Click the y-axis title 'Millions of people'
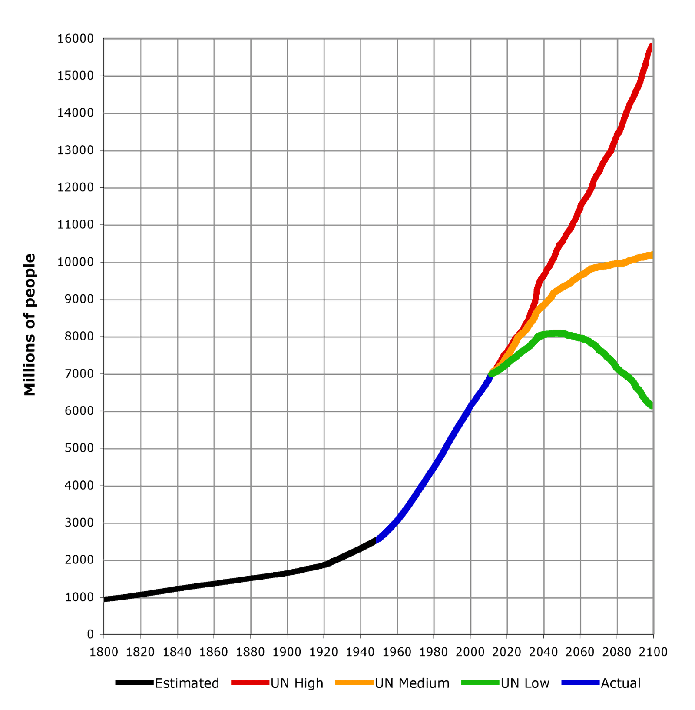(x=30, y=325)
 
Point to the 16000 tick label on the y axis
(x=75, y=39)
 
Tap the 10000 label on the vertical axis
(x=75, y=262)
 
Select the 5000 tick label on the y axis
(x=79, y=448)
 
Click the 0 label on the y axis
(x=90, y=634)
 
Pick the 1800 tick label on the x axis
(x=103, y=652)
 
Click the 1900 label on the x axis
(x=287, y=652)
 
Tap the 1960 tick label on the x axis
(x=397, y=652)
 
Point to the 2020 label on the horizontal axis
(x=506, y=652)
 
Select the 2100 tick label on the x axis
(x=653, y=652)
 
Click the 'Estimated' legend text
(x=187, y=683)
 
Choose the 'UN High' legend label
(x=297, y=683)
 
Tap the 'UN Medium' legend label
(x=412, y=683)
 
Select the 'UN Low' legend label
(x=525, y=683)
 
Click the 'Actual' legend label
(x=620, y=683)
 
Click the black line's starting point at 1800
(x=105, y=600)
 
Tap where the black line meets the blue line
(x=377, y=540)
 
